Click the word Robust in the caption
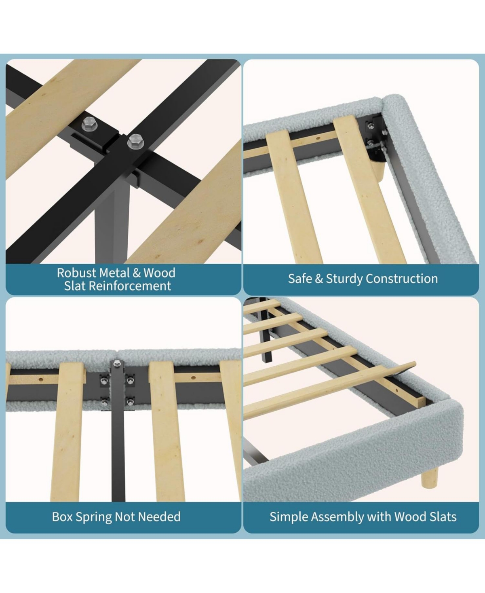(x=76, y=273)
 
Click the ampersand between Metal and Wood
(x=137, y=273)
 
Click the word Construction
(x=402, y=279)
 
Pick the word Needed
(x=159, y=517)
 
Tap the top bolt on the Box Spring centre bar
(x=117, y=363)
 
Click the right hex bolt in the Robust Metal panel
(x=135, y=142)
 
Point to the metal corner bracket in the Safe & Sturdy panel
(x=377, y=138)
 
